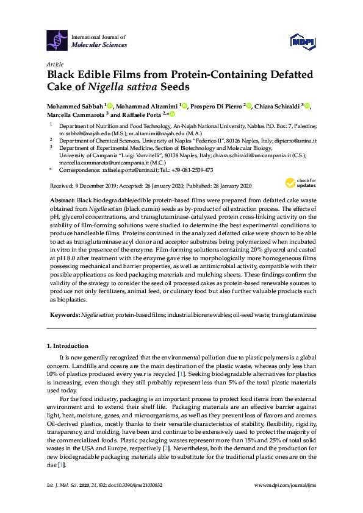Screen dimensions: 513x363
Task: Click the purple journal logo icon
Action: tap(58, 41)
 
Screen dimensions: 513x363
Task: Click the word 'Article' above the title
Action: tap(55, 63)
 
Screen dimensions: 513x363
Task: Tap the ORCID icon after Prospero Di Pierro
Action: tap(248, 105)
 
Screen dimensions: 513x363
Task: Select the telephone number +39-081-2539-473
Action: tap(192, 170)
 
